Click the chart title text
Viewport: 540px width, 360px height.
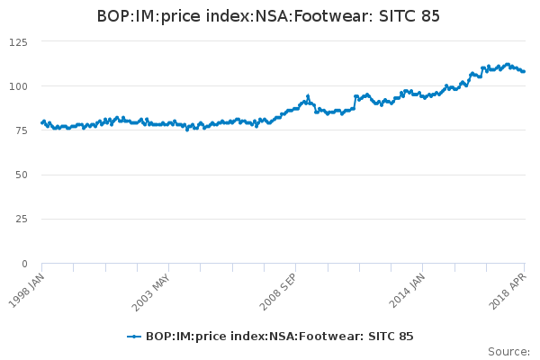(x=269, y=17)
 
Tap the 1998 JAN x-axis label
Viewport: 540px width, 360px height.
(x=25, y=291)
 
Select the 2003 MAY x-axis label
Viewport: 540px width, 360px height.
(x=150, y=291)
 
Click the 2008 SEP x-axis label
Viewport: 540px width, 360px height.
(x=278, y=291)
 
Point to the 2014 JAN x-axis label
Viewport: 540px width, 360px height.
(x=405, y=291)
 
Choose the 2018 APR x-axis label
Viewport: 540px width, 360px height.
(x=508, y=291)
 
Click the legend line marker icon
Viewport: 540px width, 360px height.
(x=134, y=337)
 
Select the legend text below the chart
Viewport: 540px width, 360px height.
(x=279, y=337)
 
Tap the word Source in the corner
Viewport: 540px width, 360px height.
(x=508, y=351)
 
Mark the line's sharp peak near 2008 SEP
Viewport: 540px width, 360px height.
(x=308, y=95)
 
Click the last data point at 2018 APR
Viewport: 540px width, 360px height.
(x=524, y=71)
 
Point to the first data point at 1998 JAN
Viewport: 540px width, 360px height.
(x=42, y=122)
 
